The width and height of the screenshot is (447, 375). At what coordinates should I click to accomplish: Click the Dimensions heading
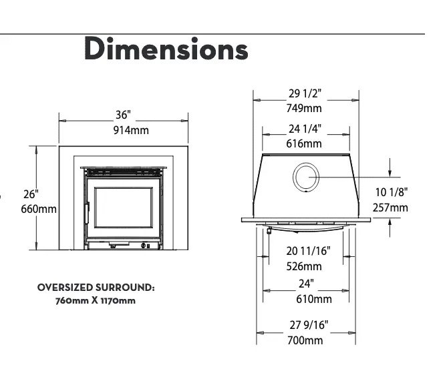tap(166, 49)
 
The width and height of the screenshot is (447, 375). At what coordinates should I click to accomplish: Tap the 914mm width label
tap(131, 130)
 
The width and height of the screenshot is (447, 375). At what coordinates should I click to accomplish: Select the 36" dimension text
tap(123, 115)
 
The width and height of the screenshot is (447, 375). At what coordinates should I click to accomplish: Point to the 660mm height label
tap(39, 210)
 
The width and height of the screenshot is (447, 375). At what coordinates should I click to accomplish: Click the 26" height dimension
tap(31, 194)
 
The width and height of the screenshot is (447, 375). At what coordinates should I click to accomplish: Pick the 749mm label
tap(304, 109)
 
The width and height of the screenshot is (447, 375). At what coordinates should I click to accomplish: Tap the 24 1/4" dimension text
tap(305, 129)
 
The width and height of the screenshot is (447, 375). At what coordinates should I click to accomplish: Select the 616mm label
tap(304, 143)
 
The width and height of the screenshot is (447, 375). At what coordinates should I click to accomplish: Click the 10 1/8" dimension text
tap(392, 192)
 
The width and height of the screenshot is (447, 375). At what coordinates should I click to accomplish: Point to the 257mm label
tap(390, 208)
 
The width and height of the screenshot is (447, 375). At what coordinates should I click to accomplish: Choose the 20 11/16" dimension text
tap(308, 251)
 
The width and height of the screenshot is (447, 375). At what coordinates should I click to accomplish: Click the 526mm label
tap(304, 266)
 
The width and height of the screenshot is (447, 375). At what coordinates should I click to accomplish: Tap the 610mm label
tap(314, 299)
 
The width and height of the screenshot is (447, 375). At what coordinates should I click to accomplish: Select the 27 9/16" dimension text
tap(309, 325)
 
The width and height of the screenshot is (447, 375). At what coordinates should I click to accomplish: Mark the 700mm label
tap(305, 340)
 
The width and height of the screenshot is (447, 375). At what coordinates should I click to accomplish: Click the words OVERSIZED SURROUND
tap(96, 288)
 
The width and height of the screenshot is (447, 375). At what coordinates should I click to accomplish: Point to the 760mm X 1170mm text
tap(96, 301)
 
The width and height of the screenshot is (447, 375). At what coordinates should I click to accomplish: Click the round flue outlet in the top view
tap(306, 177)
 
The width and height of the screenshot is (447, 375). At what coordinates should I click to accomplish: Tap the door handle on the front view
tap(88, 212)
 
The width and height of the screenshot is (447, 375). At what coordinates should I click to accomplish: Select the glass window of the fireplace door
tap(124, 208)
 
